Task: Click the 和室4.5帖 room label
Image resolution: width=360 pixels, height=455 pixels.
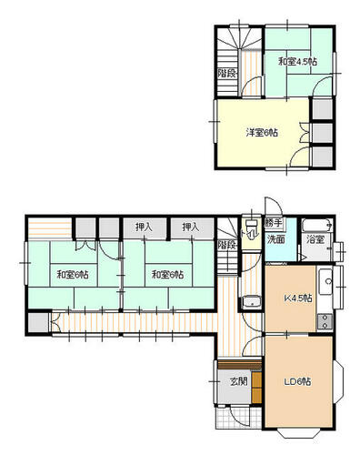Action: [x=297, y=62]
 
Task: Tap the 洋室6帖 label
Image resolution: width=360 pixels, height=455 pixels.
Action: [x=262, y=133]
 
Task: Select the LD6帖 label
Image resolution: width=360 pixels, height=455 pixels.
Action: [x=297, y=381]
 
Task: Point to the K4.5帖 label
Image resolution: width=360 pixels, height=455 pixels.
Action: [x=298, y=298]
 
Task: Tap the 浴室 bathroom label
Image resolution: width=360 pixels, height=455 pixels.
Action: [x=315, y=240]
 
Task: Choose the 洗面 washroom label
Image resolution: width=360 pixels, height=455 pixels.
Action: [x=275, y=239]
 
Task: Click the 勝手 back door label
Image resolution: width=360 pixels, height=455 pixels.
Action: [x=274, y=223]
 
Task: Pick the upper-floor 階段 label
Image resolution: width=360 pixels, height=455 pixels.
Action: [x=227, y=73]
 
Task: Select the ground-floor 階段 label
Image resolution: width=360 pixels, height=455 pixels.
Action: [x=227, y=245]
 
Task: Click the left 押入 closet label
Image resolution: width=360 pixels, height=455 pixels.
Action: [x=144, y=227]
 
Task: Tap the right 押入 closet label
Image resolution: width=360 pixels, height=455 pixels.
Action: [x=191, y=227]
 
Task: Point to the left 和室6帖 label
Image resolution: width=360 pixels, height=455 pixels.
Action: [x=73, y=275]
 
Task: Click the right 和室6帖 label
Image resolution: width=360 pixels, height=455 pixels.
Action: [x=167, y=275]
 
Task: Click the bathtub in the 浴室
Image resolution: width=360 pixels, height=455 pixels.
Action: [x=317, y=225]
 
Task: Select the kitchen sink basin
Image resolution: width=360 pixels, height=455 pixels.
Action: [x=325, y=281]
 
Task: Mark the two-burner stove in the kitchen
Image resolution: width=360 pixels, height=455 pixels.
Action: [x=325, y=322]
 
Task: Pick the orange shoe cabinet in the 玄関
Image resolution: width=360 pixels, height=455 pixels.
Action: [x=256, y=387]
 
